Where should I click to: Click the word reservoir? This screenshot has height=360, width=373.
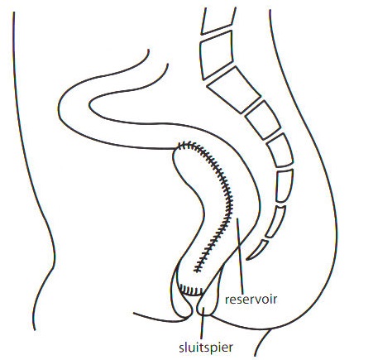point(251,300)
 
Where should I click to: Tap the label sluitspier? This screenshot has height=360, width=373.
point(206,348)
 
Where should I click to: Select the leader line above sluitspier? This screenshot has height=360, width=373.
point(203,324)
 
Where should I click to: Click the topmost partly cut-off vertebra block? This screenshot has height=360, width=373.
point(218,21)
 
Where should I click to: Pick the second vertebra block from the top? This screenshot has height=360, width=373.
point(216,55)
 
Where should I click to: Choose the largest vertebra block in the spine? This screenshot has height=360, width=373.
point(234,89)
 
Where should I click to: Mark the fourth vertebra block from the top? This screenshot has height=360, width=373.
point(263,120)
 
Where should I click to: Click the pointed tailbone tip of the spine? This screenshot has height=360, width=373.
point(247,259)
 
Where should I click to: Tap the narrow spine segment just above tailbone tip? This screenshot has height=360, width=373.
point(275,222)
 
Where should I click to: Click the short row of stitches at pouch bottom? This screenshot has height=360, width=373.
point(191,290)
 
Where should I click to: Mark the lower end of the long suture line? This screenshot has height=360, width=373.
point(197,270)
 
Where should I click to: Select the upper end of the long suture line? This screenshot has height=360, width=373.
point(180,146)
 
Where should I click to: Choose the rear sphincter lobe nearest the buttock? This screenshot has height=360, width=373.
point(209,300)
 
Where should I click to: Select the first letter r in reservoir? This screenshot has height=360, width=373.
point(227,300)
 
